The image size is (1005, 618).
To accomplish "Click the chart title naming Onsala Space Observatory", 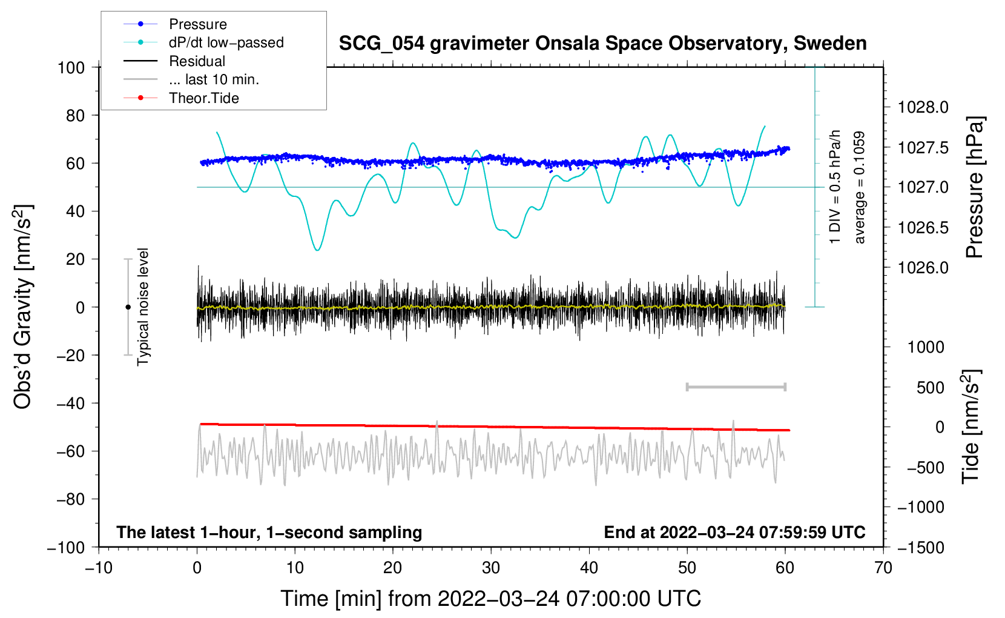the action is (602, 44).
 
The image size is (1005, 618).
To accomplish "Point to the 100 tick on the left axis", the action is (71, 68).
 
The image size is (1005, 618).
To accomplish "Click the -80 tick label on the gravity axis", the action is (71, 499).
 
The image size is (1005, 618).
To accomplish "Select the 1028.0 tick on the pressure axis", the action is (923, 107).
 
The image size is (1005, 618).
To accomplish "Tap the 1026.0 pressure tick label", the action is (923, 268).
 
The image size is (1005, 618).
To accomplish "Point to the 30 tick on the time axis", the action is (491, 568).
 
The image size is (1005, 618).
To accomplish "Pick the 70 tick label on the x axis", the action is (883, 568).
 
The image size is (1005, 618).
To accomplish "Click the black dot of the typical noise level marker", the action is (128, 307).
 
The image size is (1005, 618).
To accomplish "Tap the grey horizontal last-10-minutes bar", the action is (736, 387).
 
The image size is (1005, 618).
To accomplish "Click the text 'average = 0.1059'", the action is (859, 187).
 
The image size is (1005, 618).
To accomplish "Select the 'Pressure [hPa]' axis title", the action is (975, 187).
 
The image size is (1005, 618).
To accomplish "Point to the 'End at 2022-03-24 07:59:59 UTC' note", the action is (734, 532).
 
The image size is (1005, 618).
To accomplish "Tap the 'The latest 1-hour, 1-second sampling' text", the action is (269, 532).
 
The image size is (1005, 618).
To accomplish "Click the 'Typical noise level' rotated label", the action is (142, 307).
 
